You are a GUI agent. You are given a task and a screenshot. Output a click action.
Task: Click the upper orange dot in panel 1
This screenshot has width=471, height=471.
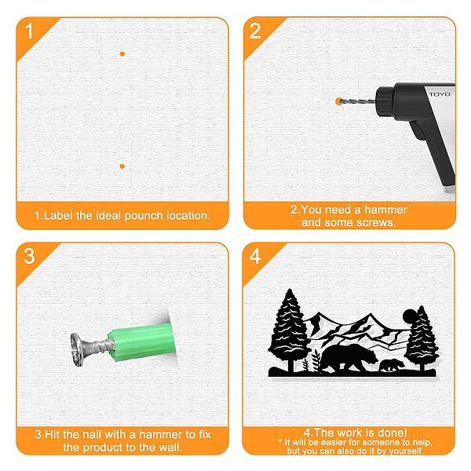122,54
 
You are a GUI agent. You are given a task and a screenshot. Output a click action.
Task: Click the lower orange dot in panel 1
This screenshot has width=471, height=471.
122,166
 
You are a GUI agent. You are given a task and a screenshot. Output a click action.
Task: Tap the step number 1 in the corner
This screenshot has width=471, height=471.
29,31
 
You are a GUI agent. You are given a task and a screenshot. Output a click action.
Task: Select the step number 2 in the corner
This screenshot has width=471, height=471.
255,31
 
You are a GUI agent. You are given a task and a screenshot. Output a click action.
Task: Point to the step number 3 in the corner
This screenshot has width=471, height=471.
29,256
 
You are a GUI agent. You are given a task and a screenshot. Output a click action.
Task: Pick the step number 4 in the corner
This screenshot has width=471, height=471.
254,257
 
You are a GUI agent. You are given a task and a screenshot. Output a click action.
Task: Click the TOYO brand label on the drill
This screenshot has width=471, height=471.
440,94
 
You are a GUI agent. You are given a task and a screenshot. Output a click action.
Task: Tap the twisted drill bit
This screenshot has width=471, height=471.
356,101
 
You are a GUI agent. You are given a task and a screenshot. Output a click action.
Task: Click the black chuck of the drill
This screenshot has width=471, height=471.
386,99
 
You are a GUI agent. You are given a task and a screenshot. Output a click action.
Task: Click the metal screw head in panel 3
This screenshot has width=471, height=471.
78,349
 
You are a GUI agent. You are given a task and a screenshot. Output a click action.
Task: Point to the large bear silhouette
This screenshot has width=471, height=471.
349,357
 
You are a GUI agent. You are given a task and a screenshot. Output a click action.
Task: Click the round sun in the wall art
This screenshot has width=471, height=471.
410,316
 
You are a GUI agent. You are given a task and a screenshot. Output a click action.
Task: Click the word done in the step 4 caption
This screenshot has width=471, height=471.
392,433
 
